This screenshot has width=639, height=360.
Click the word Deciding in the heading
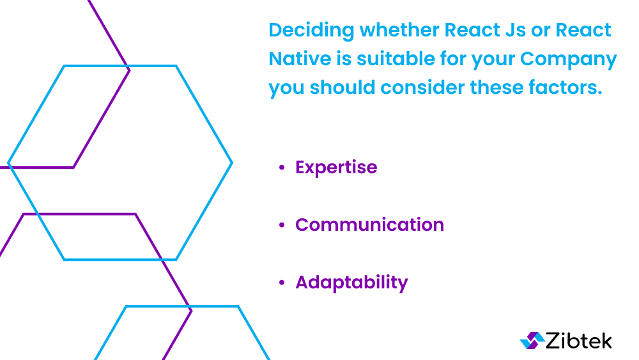tap(312, 31)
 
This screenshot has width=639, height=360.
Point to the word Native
tap(300, 59)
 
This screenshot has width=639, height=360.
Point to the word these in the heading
tap(497, 87)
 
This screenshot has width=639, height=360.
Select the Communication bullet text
tap(369, 224)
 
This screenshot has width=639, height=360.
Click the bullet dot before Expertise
tap(282, 168)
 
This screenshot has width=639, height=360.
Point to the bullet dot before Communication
tap(282, 225)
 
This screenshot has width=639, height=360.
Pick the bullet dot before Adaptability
tap(282, 283)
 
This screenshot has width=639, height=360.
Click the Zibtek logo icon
tap(532, 340)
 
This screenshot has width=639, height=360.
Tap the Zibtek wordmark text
tap(579, 340)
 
